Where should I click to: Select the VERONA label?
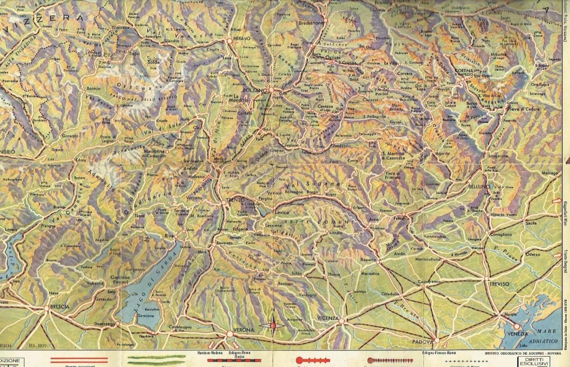click(244, 329)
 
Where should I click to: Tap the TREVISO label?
click(496, 284)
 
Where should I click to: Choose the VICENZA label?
click(329, 318)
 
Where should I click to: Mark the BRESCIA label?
click(59, 307)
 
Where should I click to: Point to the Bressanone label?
click(311, 23)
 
